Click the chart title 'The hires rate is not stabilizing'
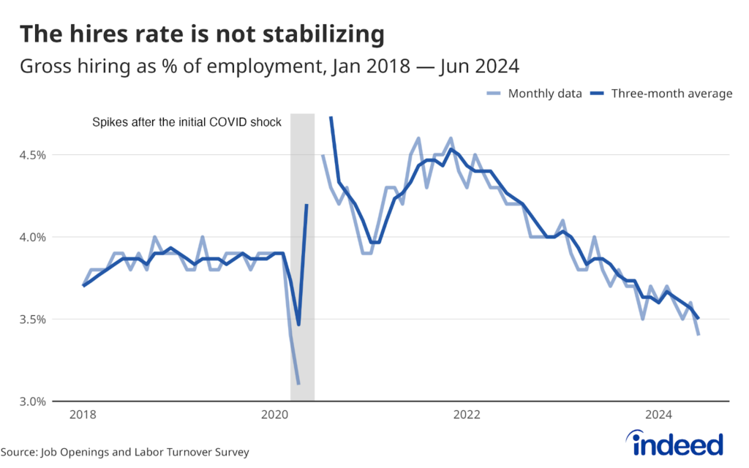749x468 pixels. pos(201,34)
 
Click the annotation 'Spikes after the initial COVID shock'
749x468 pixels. pos(187,123)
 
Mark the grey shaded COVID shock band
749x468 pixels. pos(303,256)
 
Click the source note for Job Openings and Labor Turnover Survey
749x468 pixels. pos(124,452)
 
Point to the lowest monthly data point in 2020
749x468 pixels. pos(299,384)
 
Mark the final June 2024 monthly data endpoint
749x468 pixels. pos(699,335)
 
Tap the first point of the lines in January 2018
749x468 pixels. pos(83,286)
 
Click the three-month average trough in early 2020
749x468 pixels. pos(298,325)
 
